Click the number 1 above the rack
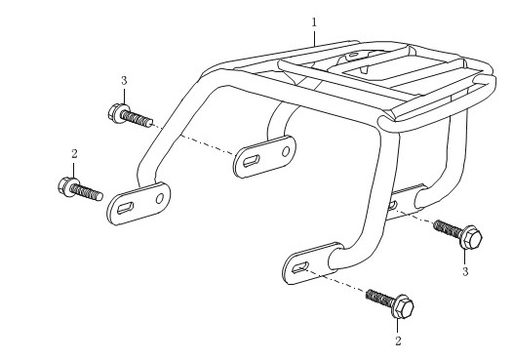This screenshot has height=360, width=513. (314, 22)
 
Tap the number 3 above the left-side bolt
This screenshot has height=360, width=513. (124, 81)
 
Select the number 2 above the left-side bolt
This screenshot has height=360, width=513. (74, 154)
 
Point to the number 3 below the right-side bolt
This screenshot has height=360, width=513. (465, 271)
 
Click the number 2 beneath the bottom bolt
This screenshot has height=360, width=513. (398, 341)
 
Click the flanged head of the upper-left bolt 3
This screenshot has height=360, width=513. (118, 113)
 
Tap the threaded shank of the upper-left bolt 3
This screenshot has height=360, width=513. (138, 119)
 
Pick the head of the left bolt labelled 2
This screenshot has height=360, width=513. (68, 187)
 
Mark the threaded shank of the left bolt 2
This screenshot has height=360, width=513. (87, 192)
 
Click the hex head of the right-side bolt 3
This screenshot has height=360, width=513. (471, 237)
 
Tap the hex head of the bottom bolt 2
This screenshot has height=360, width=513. (403, 306)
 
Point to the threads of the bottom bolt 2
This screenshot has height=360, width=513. (379, 298)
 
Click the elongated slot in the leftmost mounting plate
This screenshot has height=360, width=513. (125, 208)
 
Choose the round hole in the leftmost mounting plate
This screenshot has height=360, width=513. (160, 198)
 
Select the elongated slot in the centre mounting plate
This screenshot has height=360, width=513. (252, 161)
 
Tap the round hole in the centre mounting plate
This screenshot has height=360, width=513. (286, 151)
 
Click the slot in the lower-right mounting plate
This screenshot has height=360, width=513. (300, 267)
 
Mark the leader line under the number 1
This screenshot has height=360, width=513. (314, 38)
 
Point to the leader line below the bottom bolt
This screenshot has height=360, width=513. (398, 326)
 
